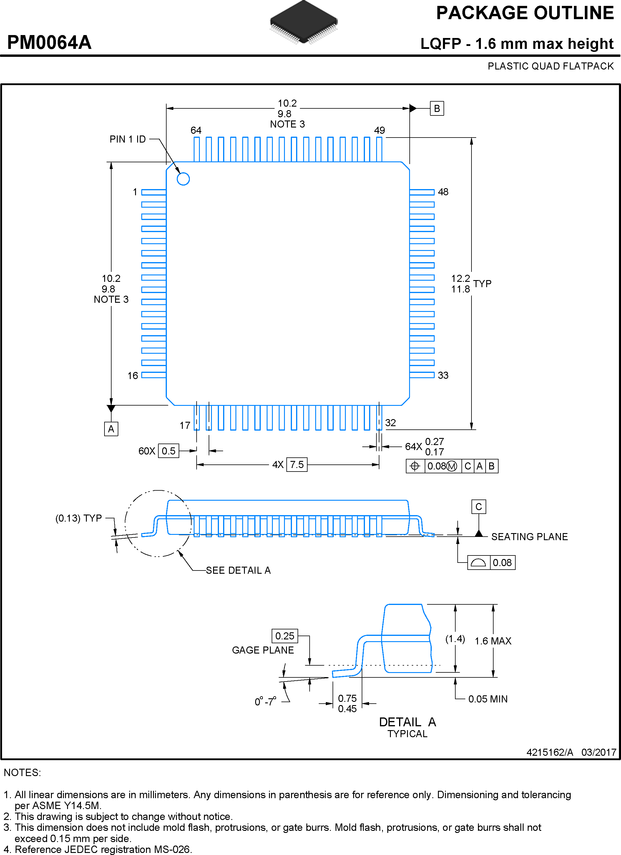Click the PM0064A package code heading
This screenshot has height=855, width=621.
[x=49, y=42]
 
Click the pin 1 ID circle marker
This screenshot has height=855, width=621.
[x=183, y=179]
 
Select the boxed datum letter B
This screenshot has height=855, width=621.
[x=437, y=109]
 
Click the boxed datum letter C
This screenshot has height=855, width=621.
[x=479, y=507]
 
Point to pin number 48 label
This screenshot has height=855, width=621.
[x=443, y=192]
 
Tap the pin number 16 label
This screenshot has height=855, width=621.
[x=133, y=376]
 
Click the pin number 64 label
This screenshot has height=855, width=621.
[x=196, y=130]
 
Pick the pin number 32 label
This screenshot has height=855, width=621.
[x=390, y=423]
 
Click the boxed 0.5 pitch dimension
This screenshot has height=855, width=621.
[x=168, y=451]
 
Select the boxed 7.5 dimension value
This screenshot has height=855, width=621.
[x=297, y=464]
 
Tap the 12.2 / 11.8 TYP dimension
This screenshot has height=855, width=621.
[x=471, y=284]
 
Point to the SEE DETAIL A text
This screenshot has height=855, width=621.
[x=238, y=570]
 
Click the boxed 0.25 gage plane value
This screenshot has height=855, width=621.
[x=285, y=636]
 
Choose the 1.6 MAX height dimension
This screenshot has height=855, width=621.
[x=493, y=641]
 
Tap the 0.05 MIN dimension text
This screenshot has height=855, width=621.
[x=488, y=699]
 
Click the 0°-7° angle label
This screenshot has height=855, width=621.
[x=265, y=702]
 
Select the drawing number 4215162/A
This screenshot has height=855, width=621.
[x=549, y=752]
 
